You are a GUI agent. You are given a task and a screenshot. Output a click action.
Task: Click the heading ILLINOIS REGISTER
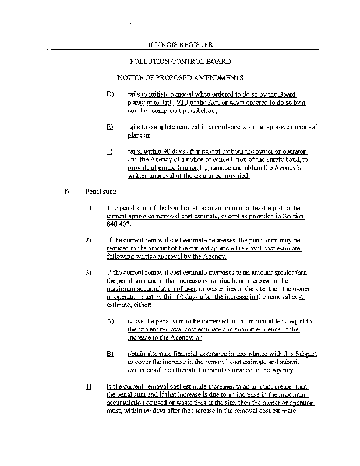(179, 44)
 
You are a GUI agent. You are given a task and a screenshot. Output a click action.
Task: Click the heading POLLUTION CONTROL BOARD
(179, 61)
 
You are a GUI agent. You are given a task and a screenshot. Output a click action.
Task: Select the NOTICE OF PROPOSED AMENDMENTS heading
(179, 77)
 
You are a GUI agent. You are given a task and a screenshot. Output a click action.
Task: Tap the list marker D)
(110, 94)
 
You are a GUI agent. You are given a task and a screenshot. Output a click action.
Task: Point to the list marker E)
(110, 126)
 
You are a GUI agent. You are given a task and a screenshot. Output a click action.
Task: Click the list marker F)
(110, 151)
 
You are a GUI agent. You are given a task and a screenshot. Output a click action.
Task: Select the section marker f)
(67, 191)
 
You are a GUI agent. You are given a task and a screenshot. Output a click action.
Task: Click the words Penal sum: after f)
(97, 191)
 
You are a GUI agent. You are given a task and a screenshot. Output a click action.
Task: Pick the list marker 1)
(89, 208)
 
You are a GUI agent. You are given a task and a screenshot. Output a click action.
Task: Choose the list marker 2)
(89, 240)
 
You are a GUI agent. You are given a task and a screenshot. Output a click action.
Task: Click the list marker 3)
(89, 272)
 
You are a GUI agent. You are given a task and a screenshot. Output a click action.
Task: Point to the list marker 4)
(89, 386)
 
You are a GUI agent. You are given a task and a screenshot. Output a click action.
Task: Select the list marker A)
(110, 321)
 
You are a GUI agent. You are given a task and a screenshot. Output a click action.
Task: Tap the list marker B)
(110, 354)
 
